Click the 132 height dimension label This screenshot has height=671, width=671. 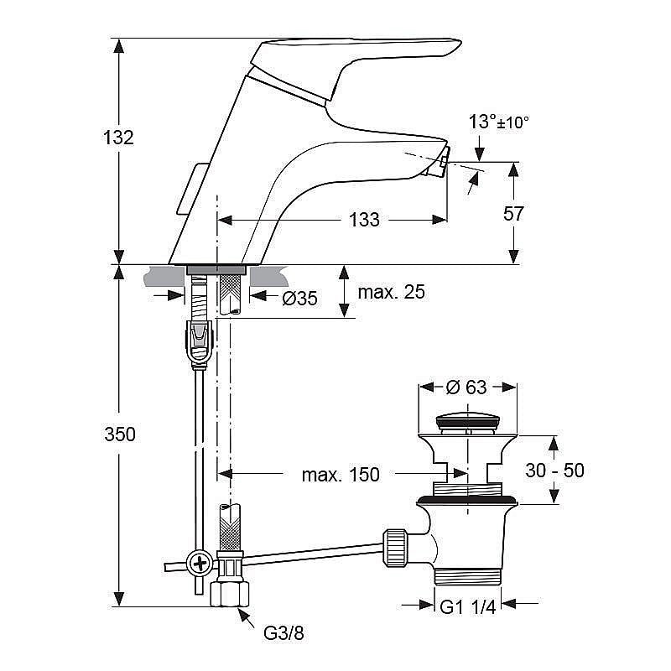coord(118,138)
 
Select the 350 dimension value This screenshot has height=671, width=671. coord(120,434)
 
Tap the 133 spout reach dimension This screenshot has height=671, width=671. coord(364,220)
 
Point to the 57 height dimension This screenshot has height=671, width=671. coord(513,214)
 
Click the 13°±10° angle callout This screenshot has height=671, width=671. coord(498,122)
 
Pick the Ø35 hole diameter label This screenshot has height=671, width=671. coord(299,299)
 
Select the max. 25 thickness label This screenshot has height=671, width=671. coord(391,292)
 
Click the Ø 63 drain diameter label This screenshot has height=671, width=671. coord(466,388)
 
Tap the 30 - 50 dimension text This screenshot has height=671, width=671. coord(554,471)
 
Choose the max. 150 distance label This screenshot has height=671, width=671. coord(341,475)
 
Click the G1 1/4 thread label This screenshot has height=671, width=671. coord(468,606)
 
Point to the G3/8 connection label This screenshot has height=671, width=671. coord(283,633)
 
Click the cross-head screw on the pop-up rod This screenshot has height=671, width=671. coord(200,564)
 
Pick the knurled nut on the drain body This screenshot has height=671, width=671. coord(394,548)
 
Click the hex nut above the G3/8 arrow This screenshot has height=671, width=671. coord(230,593)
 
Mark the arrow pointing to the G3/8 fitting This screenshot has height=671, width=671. coord(246,618)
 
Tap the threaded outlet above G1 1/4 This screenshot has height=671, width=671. coord(468,576)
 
